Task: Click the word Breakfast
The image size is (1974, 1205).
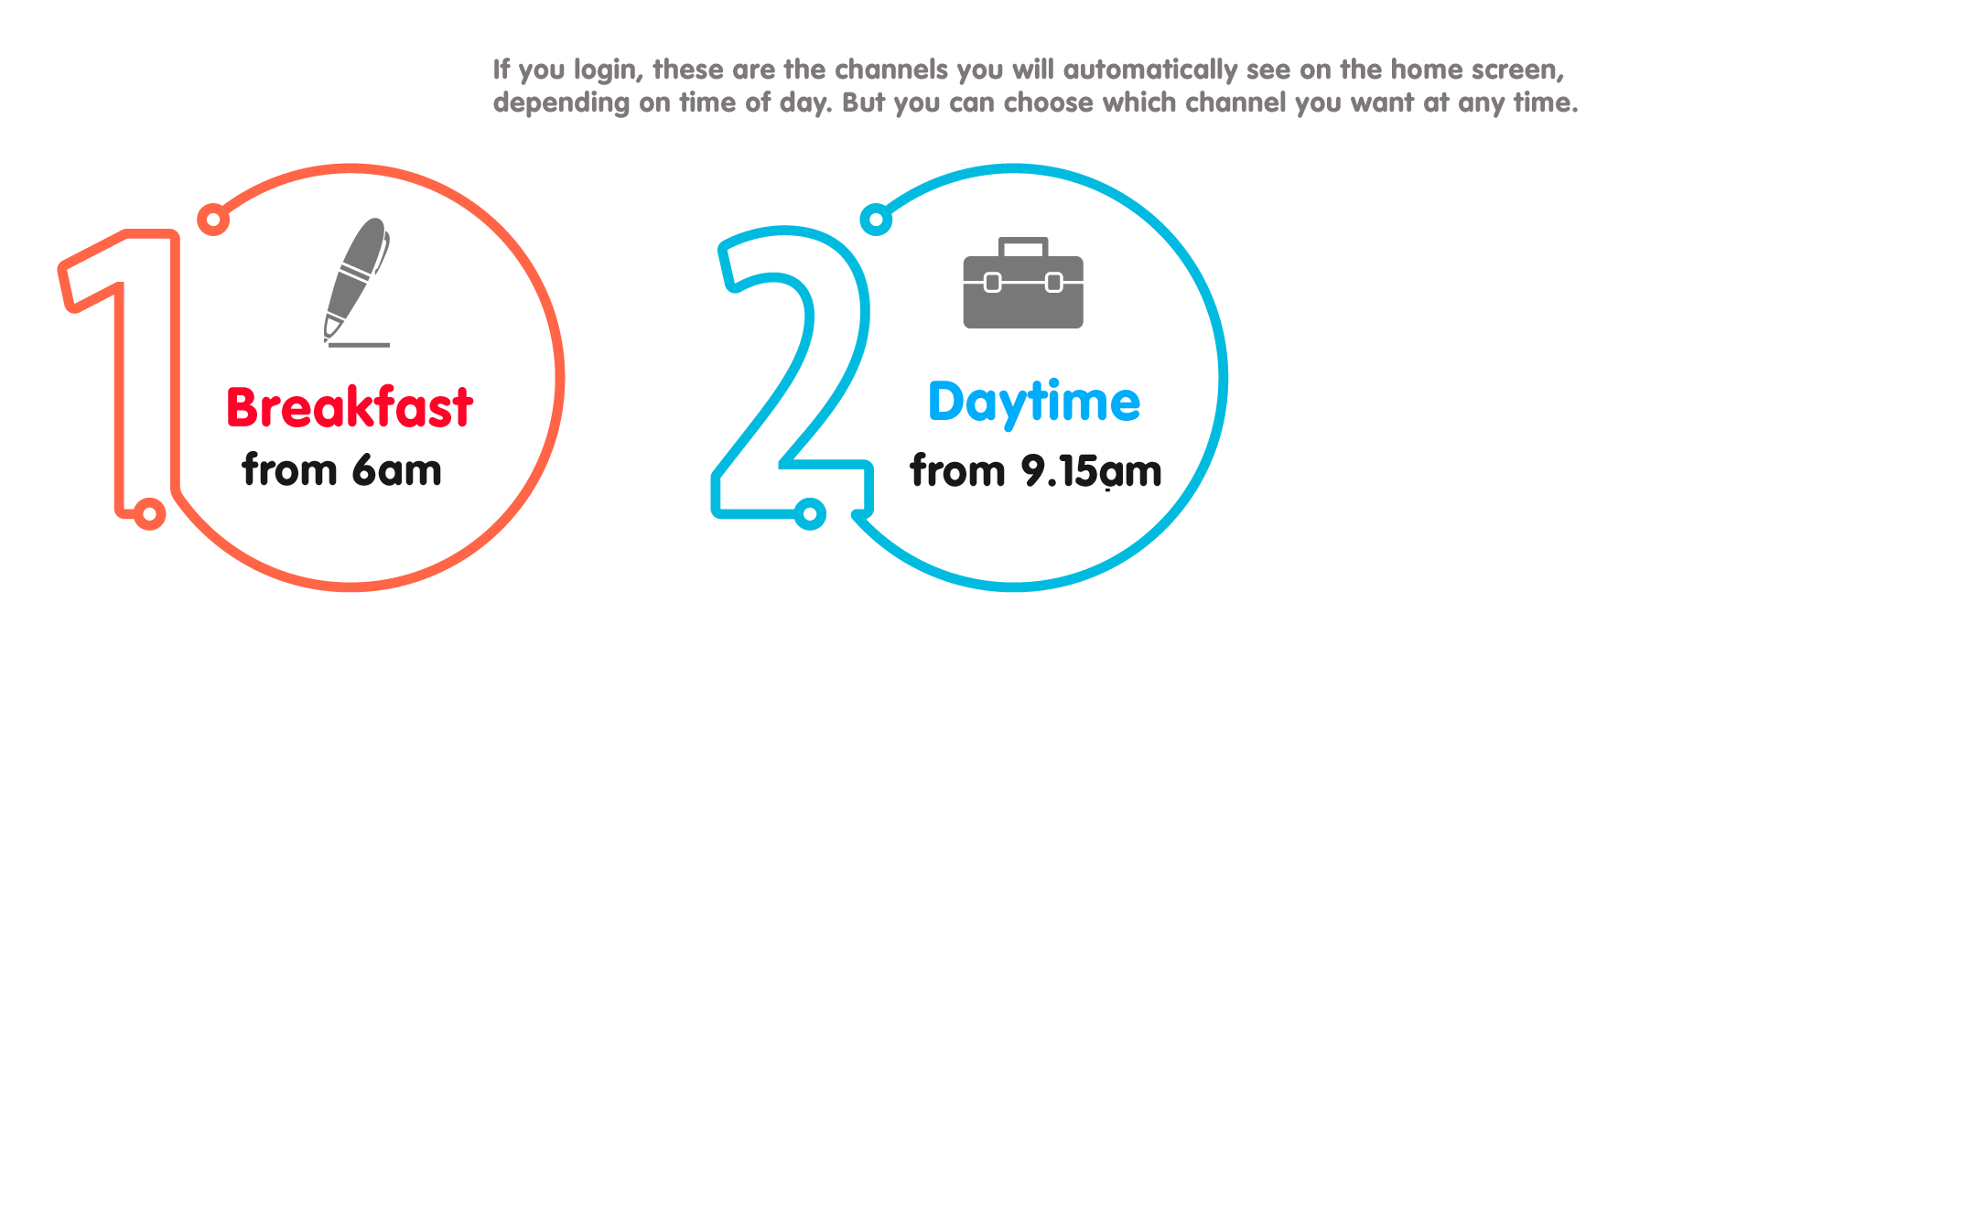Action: [350, 407]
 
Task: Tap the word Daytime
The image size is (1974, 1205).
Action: [1034, 403]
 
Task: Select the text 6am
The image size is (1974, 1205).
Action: [397, 470]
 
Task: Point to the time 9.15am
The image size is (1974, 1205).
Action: [1091, 471]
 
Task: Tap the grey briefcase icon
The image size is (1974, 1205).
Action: [1023, 283]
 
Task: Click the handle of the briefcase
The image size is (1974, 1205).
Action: [1023, 247]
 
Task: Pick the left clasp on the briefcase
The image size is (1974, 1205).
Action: [992, 283]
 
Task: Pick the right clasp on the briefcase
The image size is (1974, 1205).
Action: [1054, 283]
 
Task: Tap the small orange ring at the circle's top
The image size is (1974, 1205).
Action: [213, 220]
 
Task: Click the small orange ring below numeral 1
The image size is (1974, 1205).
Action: [149, 513]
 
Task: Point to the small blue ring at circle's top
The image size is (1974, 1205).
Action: [876, 220]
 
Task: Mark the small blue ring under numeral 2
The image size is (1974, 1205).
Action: [810, 513]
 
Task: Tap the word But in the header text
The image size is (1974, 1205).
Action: [863, 102]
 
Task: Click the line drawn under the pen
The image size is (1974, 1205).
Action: [359, 345]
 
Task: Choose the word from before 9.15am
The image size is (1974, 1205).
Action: [957, 471]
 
